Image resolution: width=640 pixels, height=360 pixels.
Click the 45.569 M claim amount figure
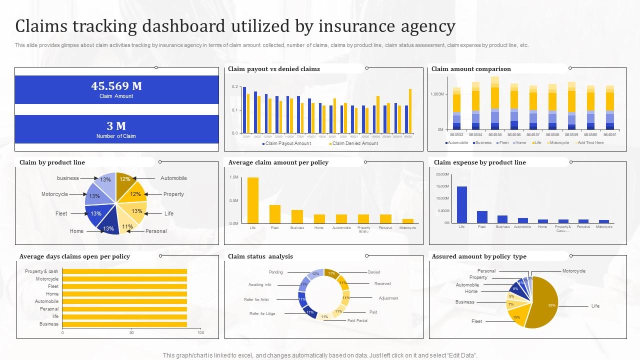pos(116,86)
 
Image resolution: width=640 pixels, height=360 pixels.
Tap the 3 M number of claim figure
pos(116,126)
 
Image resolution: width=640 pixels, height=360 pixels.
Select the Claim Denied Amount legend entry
pos(355,143)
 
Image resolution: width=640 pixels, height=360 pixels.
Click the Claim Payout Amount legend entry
pos(287,143)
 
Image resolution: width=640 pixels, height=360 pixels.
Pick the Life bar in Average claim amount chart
pos(253,200)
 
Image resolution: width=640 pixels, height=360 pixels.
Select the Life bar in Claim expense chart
pos(461,204)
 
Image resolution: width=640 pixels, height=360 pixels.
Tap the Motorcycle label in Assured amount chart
pos(573,271)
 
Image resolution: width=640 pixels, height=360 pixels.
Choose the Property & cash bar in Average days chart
pos(124,271)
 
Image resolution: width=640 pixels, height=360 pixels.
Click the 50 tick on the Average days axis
pos(132,332)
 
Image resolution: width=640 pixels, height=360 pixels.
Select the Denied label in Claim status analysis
pos(374,272)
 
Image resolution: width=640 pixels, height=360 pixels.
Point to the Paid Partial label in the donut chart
pos(357,320)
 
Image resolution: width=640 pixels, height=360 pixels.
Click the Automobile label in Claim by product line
pos(173,178)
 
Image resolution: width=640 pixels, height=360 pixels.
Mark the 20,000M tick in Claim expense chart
pos(443,174)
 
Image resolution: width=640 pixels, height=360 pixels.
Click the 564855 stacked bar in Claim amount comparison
pos(495,102)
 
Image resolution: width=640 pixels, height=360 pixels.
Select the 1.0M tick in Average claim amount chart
pos(234,177)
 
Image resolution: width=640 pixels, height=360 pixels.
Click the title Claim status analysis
pos(260,256)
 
